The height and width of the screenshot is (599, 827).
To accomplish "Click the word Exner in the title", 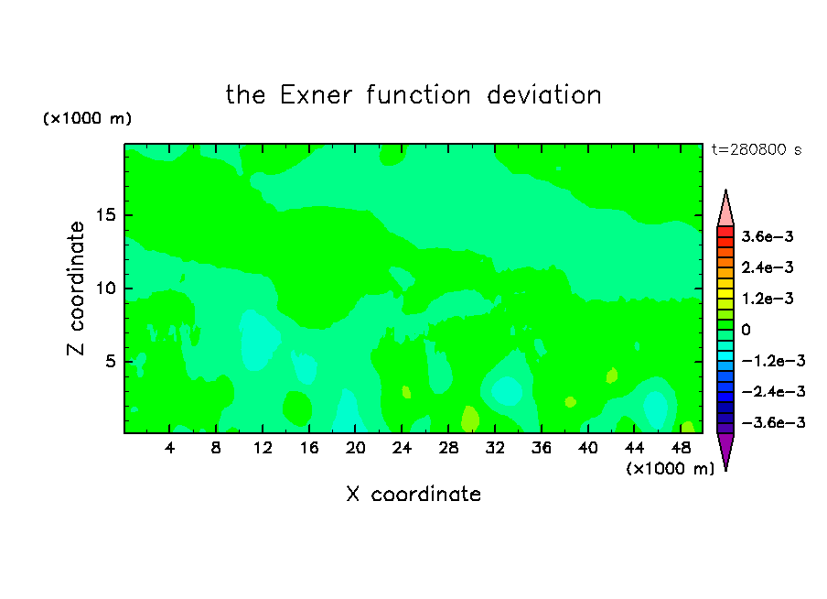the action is pyautogui.click(x=316, y=95).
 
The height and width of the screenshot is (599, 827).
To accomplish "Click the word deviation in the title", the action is pyautogui.click(x=543, y=95).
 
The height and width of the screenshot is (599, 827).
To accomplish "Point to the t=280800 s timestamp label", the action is pyautogui.click(x=757, y=149).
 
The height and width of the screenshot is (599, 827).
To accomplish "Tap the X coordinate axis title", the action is pyautogui.click(x=413, y=495).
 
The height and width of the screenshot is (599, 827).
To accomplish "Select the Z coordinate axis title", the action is pyautogui.click(x=76, y=288).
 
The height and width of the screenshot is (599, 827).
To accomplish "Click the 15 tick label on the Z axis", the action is pyautogui.click(x=105, y=215).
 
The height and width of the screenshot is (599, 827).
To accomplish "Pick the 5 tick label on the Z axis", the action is pyautogui.click(x=110, y=361).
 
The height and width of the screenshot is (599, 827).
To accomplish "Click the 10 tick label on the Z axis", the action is pyautogui.click(x=105, y=289).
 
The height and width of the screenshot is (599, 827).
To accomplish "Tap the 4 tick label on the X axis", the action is pyautogui.click(x=169, y=448).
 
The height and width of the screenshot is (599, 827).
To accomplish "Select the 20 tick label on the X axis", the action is pyautogui.click(x=356, y=448).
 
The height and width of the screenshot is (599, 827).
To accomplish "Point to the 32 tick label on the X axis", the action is pyautogui.click(x=495, y=448).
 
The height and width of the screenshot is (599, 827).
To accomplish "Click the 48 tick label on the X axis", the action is pyautogui.click(x=681, y=448).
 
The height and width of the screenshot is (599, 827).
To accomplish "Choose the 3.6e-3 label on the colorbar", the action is pyautogui.click(x=768, y=236).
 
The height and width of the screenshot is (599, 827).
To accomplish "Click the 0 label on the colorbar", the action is pyautogui.click(x=746, y=330).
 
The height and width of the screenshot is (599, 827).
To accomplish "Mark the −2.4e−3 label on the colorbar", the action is pyautogui.click(x=773, y=392).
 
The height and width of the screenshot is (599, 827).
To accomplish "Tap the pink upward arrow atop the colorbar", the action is pyautogui.click(x=725, y=209).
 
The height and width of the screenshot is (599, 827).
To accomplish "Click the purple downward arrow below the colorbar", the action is pyautogui.click(x=725, y=451).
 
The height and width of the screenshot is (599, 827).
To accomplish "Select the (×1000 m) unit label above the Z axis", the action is pyautogui.click(x=87, y=118).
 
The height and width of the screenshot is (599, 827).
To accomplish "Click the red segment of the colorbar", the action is pyautogui.click(x=725, y=232).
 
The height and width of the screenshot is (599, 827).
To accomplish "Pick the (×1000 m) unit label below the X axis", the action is pyautogui.click(x=670, y=469).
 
